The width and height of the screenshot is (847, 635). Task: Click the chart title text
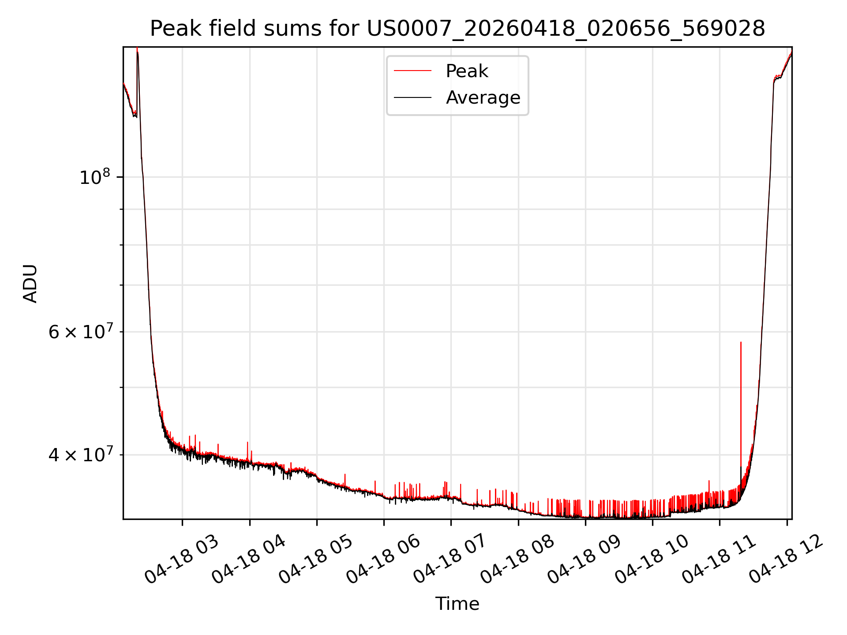coord(457,29)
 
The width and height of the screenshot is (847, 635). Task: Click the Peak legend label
coord(467,71)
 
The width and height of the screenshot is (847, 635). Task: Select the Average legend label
coord(483,97)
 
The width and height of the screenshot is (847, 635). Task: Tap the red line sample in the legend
coord(412,71)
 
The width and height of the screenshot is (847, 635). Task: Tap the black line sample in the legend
coord(412,97)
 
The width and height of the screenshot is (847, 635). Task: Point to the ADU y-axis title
coord(30,284)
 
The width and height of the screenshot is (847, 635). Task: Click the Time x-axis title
coord(457,604)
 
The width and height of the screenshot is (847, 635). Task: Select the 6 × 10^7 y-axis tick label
coord(80,331)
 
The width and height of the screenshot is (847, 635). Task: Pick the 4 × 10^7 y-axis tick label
coord(80,454)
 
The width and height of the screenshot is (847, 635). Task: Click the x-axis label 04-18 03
coord(182,559)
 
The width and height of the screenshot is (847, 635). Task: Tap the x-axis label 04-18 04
coord(249,559)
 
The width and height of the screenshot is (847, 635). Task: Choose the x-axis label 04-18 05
coord(316,559)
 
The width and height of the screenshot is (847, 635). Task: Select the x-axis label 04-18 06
coord(383,559)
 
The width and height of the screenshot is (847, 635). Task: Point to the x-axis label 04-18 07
coord(450,559)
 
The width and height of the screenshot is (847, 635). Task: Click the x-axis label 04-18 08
coord(517,559)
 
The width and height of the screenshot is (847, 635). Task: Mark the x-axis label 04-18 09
coord(585,559)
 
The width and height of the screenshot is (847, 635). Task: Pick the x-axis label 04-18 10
coord(652,559)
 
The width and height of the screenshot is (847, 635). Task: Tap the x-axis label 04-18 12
coord(786,559)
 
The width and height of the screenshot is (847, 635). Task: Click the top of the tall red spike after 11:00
coord(741,342)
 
